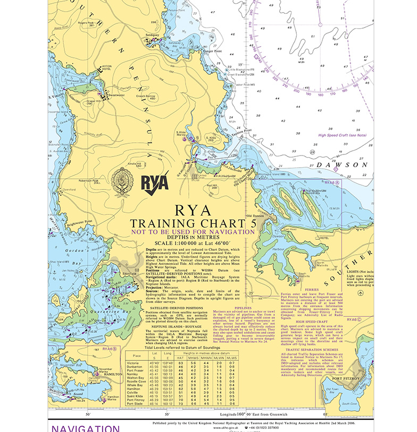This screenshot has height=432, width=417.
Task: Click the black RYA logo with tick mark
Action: [x=155, y=181]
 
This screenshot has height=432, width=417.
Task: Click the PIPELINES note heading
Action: [x=244, y=306]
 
